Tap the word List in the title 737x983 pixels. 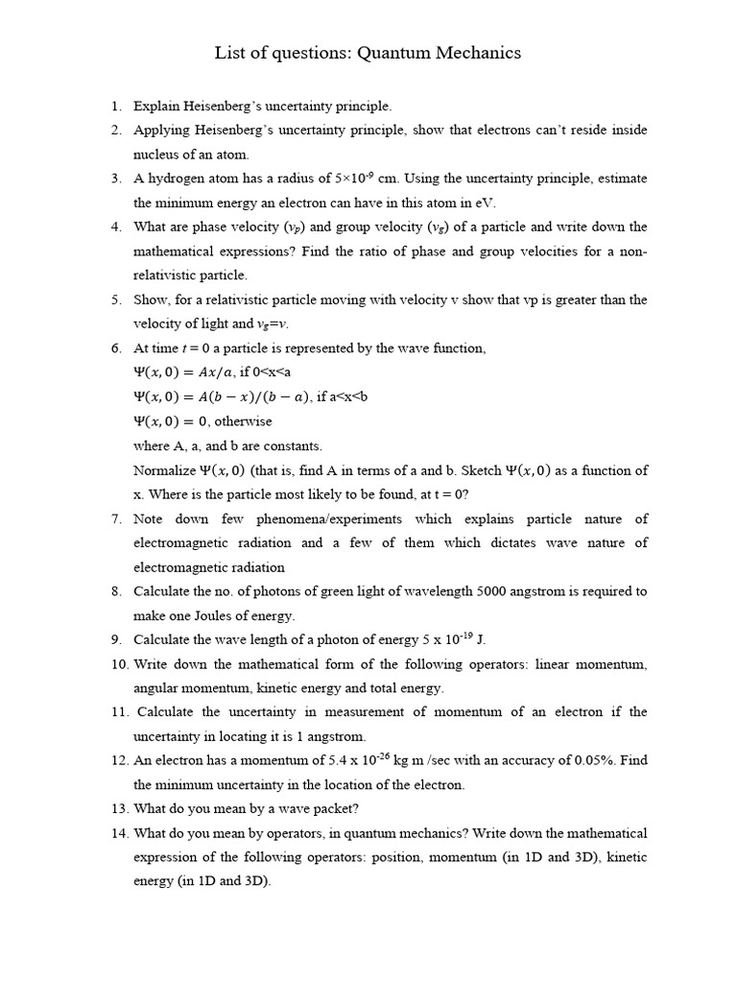(230, 53)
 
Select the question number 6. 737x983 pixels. (116, 348)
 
